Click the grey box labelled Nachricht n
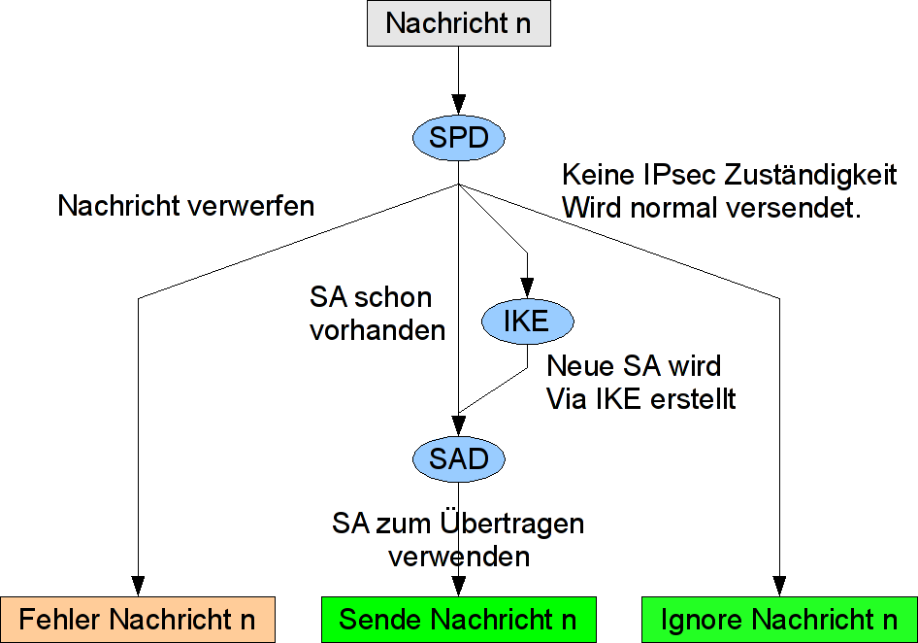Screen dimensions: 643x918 tap(458, 23)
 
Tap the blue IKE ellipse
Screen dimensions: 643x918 tap(527, 321)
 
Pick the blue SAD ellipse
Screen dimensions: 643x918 tap(458, 458)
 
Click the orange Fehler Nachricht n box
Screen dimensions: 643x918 tap(138, 619)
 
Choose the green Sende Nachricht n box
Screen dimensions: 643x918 tap(458, 619)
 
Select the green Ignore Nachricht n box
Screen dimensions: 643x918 tap(778, 619)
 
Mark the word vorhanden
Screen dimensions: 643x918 tap(377, 330)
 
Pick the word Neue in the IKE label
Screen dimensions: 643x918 tap(576, 366)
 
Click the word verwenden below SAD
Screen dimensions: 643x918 tap(459, 557)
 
